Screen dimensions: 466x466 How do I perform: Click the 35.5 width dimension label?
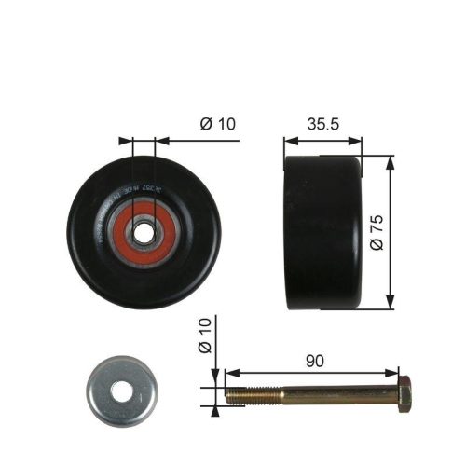tap(322, 122)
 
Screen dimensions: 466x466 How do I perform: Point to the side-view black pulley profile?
tap(322, 232)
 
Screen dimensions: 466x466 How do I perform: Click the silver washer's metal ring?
tap(98, 388)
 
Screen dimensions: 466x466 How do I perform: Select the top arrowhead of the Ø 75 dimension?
tap(386, 161)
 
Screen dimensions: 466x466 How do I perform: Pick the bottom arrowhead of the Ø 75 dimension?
tap(386, 304)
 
